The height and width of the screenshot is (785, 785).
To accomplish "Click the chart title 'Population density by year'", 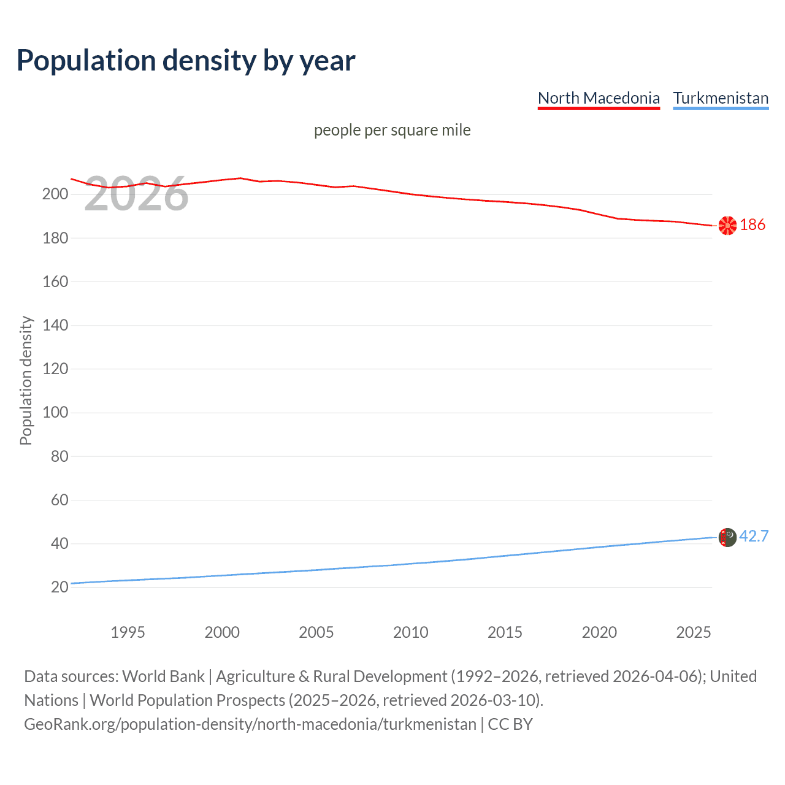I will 186,61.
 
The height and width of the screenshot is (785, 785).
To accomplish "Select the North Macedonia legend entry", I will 599,98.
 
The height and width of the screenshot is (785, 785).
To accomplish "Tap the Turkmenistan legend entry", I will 721,98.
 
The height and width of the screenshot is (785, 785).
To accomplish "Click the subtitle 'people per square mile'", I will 392,131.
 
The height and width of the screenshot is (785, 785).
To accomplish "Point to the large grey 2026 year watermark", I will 136,194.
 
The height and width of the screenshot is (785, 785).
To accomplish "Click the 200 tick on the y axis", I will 55,194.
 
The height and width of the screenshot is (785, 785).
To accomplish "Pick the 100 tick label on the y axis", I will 55,412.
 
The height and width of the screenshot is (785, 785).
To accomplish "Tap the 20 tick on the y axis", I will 59,587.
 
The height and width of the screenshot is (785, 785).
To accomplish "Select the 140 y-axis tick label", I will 55,325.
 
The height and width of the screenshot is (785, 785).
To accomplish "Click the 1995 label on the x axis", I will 128,632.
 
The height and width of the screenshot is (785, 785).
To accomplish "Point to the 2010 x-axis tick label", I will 410,632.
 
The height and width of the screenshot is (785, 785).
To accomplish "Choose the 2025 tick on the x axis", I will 694,632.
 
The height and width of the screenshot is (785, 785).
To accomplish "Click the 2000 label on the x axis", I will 222,632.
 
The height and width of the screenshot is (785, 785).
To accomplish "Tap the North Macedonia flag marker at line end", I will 727,226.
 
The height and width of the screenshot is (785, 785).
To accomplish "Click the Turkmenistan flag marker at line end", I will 727,537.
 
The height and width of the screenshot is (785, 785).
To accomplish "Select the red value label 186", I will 752,225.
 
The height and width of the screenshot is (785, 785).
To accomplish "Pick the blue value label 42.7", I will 754,537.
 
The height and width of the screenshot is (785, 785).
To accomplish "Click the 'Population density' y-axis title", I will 26,380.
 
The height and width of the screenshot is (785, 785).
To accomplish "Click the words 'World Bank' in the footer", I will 163,676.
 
